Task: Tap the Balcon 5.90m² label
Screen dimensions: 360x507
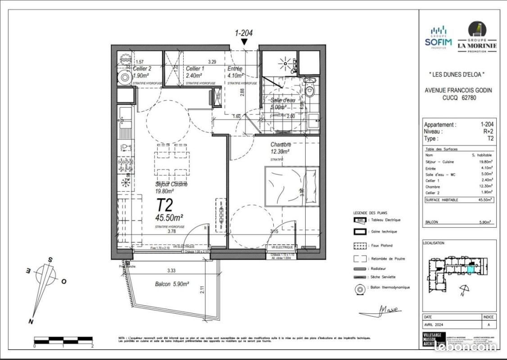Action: click(171, 284)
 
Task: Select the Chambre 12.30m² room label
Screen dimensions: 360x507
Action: click(280, 148)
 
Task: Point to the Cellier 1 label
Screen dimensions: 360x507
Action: click(195, 72)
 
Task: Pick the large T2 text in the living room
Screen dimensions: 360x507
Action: click(165, 205)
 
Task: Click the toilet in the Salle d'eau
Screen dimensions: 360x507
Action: click(310, 90)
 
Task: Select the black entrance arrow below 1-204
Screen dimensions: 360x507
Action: click(244, 42)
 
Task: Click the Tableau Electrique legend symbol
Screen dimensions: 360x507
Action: click(360, 220)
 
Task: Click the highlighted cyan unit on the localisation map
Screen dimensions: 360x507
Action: click(470, 270)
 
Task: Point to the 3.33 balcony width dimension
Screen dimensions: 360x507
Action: click(171, 271)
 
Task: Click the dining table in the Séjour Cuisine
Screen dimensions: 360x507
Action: click(172, 160)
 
